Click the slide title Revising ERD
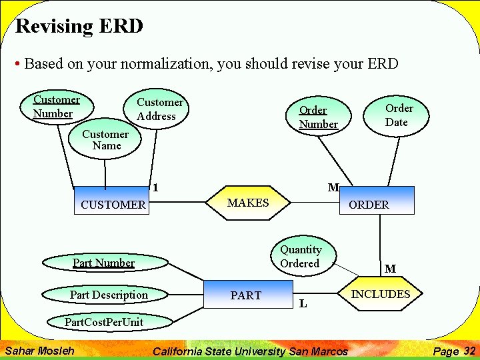[x=79, y=27]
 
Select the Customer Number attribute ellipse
[x=57, y=107]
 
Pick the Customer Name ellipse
[x=105, y=140]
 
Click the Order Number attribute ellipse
[x=318, y=117]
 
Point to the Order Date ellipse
[x=399, y=115]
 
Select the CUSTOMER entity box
[x=112, y=201]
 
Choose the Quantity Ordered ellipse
[x=301, y=257]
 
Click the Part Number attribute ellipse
[x=103, y=263]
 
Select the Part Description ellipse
[x=109, y=295]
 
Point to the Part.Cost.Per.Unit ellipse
[x=103, y=322]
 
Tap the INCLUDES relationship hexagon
[x=381, y=294]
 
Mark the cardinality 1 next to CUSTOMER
[x=155, y=188]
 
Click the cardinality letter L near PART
[x=303, y=304]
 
